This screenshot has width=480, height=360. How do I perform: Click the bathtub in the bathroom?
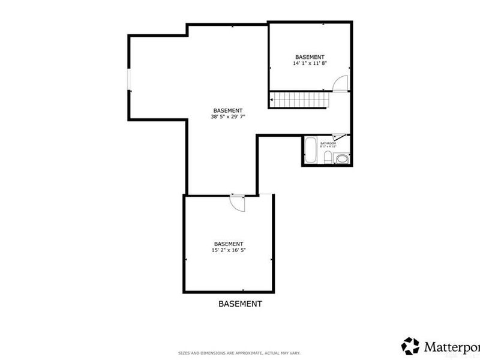(311, 151)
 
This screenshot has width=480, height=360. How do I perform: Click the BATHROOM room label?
(328, 143)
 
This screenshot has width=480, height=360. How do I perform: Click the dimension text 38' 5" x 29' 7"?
(228, 117)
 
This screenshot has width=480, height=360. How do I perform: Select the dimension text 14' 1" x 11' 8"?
(310, 63)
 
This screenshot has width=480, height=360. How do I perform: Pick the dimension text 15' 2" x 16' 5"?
(229, 250)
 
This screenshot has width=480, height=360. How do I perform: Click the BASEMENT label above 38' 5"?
(228, 110)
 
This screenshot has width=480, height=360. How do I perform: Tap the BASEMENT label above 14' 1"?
(310, 56)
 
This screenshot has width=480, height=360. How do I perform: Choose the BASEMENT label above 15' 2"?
(229, 244)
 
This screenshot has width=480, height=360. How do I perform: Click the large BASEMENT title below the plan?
(239, 304)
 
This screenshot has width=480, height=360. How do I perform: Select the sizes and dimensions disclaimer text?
(240, 352)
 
